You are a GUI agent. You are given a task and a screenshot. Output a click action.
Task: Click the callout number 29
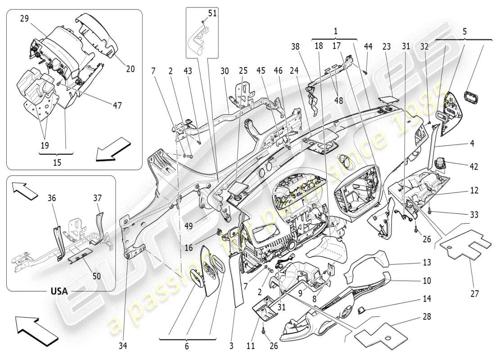[x=24, y=19]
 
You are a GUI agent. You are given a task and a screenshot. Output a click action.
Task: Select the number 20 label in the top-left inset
[x=130, y=69]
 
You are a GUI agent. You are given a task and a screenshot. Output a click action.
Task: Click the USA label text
[x=59, y=291]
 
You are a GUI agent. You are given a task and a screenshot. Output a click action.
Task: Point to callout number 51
[x=212, y=13]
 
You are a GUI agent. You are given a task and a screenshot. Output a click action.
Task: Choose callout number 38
[x=295, y=46]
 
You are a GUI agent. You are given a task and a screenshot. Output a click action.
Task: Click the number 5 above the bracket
[x=464, y=32]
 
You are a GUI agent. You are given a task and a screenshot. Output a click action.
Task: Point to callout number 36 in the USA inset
[x=52, y=198]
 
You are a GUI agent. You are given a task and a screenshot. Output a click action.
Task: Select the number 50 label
[x=96, y=276]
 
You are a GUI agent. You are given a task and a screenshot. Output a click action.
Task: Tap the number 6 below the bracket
[x=186, y=346]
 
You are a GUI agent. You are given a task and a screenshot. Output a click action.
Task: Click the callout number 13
[x=427, y=262]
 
